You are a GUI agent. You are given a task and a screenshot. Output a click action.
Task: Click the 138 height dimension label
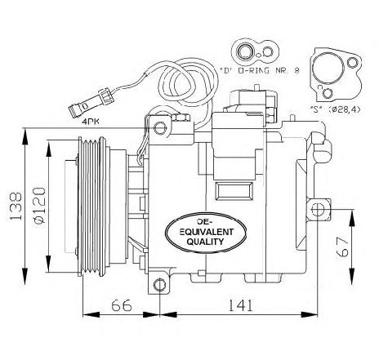[x=16, y=206]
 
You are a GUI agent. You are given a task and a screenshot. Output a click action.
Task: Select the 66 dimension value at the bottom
[x=122, y=305]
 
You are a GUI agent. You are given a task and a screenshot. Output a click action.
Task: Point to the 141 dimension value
[x=240, y=305]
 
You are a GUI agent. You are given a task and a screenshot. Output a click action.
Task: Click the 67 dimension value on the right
[x=342, y=247]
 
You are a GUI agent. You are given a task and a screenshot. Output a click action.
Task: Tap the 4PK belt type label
[x=91, y=122]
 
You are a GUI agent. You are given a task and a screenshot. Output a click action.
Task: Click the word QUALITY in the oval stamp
[x=205, y=242]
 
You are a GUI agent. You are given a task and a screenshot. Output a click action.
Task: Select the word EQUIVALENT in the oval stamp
[x=205, y=232]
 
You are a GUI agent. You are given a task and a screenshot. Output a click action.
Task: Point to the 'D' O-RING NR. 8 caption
[x=259, y=71]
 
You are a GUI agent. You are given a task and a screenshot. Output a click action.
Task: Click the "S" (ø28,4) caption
[x=336, y=109]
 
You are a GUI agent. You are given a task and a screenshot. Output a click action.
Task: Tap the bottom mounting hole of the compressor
[x=159, y=285]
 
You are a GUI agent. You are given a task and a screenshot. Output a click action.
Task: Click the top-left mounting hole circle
[x=160, y=128]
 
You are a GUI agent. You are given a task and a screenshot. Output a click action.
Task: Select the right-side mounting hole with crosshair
[x=318, y=210]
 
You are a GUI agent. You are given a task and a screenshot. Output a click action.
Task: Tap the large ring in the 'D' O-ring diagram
[x=245, y=51]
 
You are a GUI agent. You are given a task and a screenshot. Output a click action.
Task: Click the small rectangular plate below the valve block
[x=234, y=191]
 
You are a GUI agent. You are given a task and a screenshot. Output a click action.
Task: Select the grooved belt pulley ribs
[x=91, y=207]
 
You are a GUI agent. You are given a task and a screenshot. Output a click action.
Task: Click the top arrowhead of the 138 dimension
[x=25, y=137]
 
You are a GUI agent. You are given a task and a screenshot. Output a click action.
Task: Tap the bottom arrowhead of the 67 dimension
[x=353, y=276]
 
